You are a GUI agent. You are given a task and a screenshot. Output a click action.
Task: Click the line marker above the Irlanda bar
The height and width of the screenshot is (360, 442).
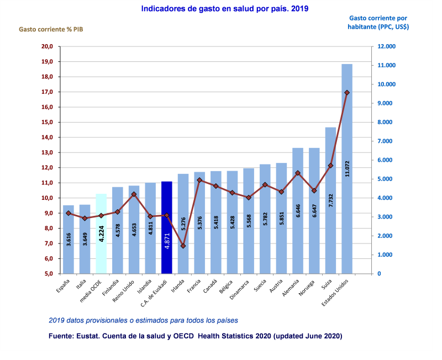click(x=183, y=246)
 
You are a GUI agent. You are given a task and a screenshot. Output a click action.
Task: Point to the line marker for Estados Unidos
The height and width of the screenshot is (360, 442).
click(x=347, y=93)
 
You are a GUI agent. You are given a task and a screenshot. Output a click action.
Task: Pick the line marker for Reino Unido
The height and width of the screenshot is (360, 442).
click(x=134, y=194)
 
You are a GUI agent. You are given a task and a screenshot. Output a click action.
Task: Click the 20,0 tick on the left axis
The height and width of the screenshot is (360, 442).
click(x=47, y=46)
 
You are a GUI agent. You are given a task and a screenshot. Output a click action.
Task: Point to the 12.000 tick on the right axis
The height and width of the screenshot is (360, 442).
click(x=386, y=46)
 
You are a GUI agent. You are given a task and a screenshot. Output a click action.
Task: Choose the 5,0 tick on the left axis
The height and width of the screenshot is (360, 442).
click(x=48, y=274)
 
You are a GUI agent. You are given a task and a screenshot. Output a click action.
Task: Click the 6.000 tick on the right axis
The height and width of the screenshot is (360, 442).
click(x=385, y=160)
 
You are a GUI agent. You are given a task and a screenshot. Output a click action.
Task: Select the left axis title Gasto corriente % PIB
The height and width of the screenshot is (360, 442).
click(x=54, y=29)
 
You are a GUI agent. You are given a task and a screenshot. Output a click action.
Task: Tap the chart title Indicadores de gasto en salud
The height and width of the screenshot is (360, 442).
click(x=225, y=9)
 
